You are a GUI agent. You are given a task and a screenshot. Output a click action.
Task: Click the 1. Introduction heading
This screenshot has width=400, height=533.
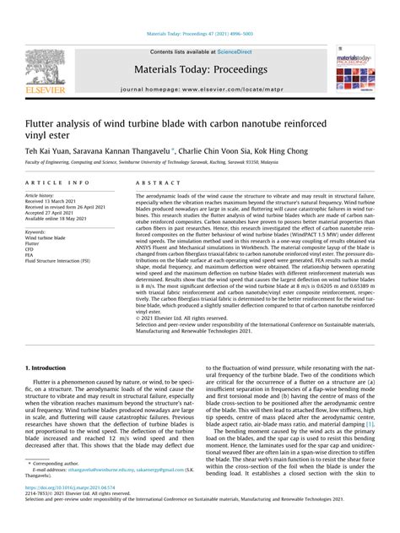(50, 368)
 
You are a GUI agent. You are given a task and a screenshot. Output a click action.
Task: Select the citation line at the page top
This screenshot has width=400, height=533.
(200, 35)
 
